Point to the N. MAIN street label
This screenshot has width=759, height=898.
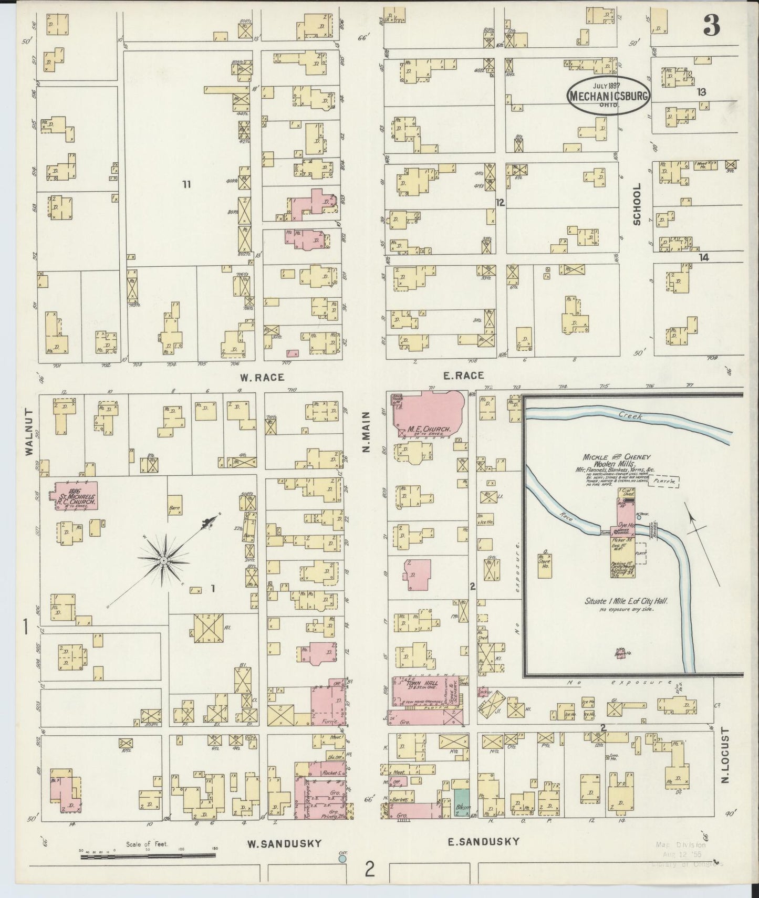point(367,432)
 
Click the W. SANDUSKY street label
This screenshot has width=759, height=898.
point(284,843)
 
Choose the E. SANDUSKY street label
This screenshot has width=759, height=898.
point(483,841)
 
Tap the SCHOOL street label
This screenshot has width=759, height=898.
point(637,204)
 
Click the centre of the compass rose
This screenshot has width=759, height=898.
point(164,561)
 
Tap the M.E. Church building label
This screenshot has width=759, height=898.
point(429,430)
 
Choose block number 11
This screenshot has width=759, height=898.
point(186,184)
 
